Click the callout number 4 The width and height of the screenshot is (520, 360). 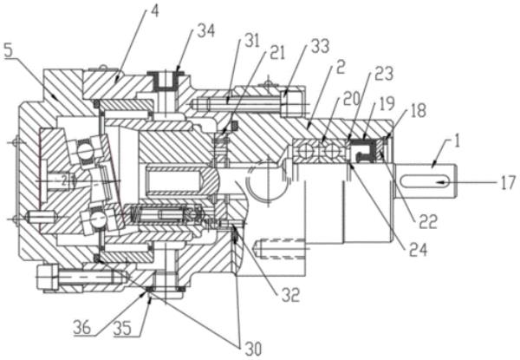tap(154, 10)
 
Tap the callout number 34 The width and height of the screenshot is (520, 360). tap(206, 31)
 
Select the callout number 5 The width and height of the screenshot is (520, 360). tap(9, 51)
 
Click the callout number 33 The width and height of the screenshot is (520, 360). tap(321, 46)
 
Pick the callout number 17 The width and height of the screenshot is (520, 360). tap(508, 182)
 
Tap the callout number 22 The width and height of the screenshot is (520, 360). tap(428, 222)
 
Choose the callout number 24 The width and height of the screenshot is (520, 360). tap(418, 250)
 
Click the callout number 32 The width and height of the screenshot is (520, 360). tap(290, 295)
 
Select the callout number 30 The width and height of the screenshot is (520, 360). tap(254, 349)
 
